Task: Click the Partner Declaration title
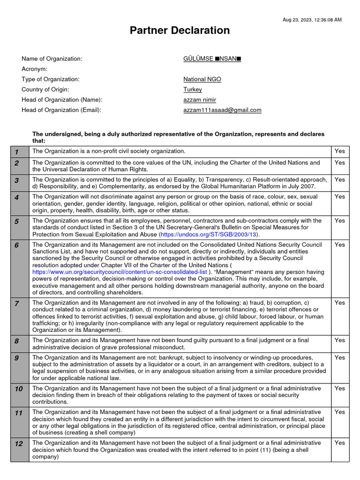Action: (x=180, y=30)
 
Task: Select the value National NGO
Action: (x=202, y=79)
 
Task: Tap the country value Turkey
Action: (x=193, y=90)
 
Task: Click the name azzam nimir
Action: (x=200, y=100)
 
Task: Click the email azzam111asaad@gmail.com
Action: (x=222, y=110)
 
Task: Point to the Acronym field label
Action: (x=35, y=69)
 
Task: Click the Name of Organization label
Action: (x=52, y=59)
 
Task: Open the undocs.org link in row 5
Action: (x=209, y=234)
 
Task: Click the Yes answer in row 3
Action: (x=339, y=180)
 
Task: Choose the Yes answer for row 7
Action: (x=339, y=303)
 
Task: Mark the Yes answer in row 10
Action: (x=339, y=389)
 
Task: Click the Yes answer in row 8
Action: (x=339, y=340)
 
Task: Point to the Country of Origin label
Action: (x=45, y=90)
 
